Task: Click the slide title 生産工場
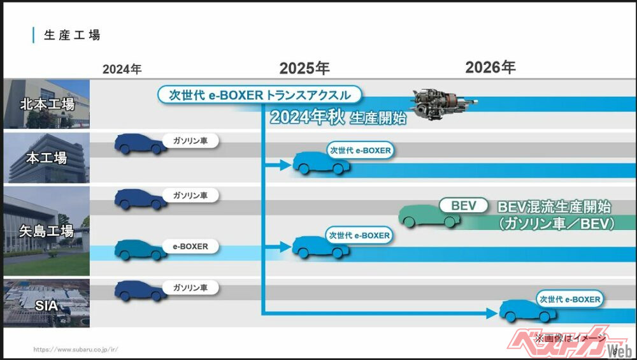pyautogui.click(x=72, y=35)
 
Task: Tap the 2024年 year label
pyautogui.click(x=122, y=69)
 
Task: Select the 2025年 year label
pyautogui.click(x=304, y=68)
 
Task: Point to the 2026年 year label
pyautogui.click(x=490, y=68)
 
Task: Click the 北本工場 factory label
pyautogui.click(x=48, y=104)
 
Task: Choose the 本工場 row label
pyautogui.click(x=47, y=158)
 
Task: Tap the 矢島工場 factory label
pyautogui.click(x=48, y=231)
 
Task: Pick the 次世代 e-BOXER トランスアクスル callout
pyautogui.click(x=259, y=96)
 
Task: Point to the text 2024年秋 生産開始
pyautogui.click(x=338, y=118)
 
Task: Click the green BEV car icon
pyautogui.click(x=429, y=215)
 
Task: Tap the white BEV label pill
pyautogui.click(x=464, y=206)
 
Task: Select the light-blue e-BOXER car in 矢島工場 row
pyautogui.click(x=140, y=249)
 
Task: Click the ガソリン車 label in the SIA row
pyautogui.click(x=190, y=288)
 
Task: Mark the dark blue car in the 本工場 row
pyautogui.click(x=140, y=143)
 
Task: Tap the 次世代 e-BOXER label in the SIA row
pyautogui.click(x=570, y=298)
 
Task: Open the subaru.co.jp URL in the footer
pyautogui.click(x=76, y=349)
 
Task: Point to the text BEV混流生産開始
pyautogui.click(x=554, y=207)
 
